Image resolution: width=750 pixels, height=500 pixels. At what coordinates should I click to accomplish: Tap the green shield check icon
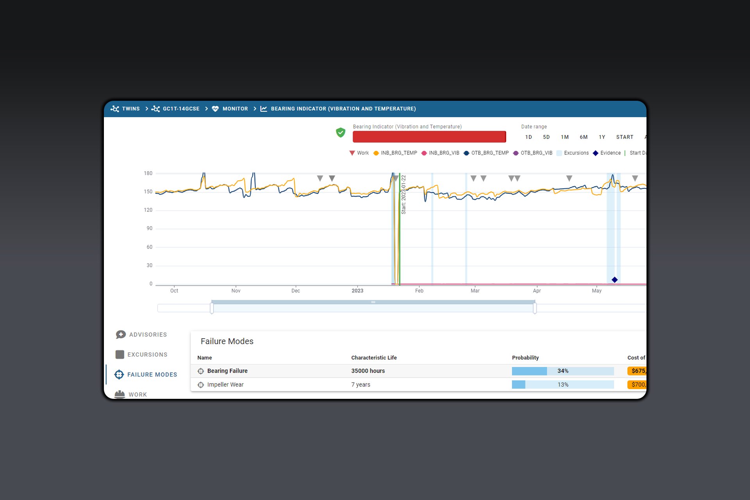pyautogui.click(x=341, y=132)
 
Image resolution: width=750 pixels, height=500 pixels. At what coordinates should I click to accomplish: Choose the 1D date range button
pyautogui.click(x=529, y=137)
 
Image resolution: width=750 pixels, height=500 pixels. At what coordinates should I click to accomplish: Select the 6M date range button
pyautogui.click(x=584, y=137)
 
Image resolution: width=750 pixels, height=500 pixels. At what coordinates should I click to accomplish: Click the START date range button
pyautogui.click(x=625, y=137)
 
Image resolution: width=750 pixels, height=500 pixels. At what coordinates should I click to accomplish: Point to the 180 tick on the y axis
pyautogui.click(x=148, y=173)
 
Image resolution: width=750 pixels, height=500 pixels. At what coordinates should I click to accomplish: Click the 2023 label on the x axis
pyautogui.click(x=357, y=291)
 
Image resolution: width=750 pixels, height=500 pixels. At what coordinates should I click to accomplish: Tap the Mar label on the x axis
pyautogui.click(x=475, y=291)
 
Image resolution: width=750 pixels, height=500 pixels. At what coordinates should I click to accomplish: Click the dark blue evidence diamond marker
pyautogui.click(x=614, y=280)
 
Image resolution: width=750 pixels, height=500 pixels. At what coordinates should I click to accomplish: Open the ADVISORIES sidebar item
pyautogui.click(x=147, y=335)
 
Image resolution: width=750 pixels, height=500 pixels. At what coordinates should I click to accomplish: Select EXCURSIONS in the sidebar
pyautogui.click(x=147, y=355)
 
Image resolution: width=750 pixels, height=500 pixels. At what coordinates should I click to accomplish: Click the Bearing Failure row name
pyautogui.click(x=227, y=371)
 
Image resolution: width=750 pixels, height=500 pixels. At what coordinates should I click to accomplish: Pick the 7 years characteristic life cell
pyautogui.click(x=361, y=384)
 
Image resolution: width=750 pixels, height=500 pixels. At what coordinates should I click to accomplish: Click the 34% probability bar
pyautogui.click(x=562, y=371)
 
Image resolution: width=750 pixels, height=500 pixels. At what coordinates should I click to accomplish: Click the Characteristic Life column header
pyautogui.click(x=374, y=357)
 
